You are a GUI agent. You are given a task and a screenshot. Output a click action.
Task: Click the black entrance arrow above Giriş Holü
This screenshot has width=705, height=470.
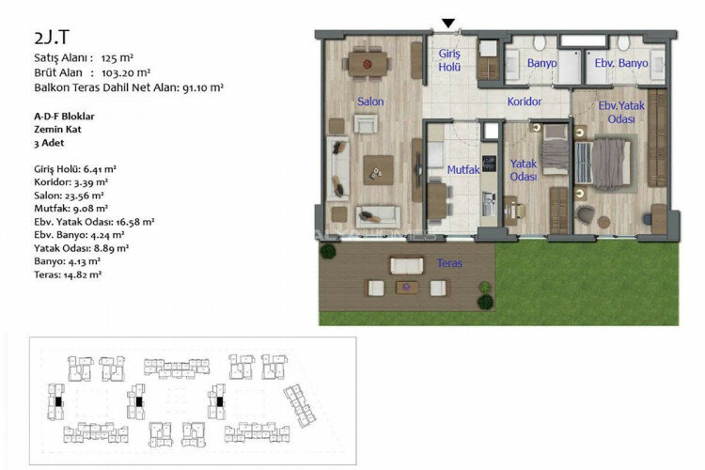[449, 23]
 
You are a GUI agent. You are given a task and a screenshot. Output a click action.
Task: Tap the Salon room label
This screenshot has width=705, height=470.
[368, 102]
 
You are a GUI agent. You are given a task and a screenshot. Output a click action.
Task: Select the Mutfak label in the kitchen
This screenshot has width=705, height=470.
[463, 170]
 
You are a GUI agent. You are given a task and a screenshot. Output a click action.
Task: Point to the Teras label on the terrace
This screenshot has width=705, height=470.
[449, 263]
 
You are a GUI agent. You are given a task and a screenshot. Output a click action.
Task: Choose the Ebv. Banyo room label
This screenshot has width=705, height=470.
[621, 63]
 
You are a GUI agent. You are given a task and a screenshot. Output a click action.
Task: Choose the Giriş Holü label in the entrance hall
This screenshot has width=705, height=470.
[449, 61]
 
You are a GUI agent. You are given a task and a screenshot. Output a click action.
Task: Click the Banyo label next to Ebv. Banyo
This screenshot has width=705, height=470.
[541, 63]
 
